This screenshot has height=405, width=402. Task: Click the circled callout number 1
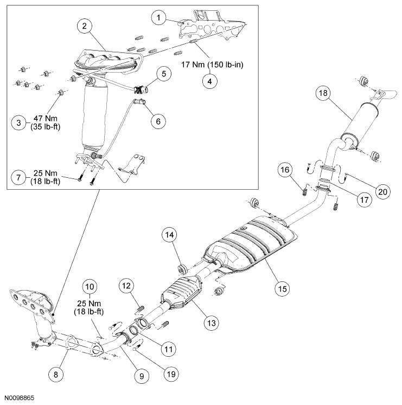(158, 18)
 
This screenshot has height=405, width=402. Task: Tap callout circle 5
(162, 73)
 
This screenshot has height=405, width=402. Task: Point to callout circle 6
(158, 121)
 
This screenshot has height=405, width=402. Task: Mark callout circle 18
(323, 93)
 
